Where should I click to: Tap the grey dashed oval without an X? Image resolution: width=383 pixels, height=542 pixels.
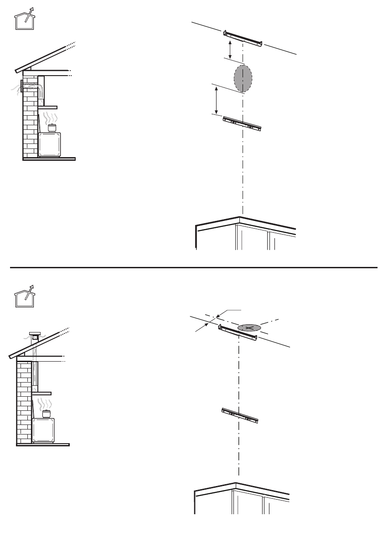tap(243, 78)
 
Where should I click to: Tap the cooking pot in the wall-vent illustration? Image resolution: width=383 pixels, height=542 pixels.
tap(53, 128)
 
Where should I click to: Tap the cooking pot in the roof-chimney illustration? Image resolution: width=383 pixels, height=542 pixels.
tap(46, 414)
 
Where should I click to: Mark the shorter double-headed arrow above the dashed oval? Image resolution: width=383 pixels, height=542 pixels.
tap(230, 49)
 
